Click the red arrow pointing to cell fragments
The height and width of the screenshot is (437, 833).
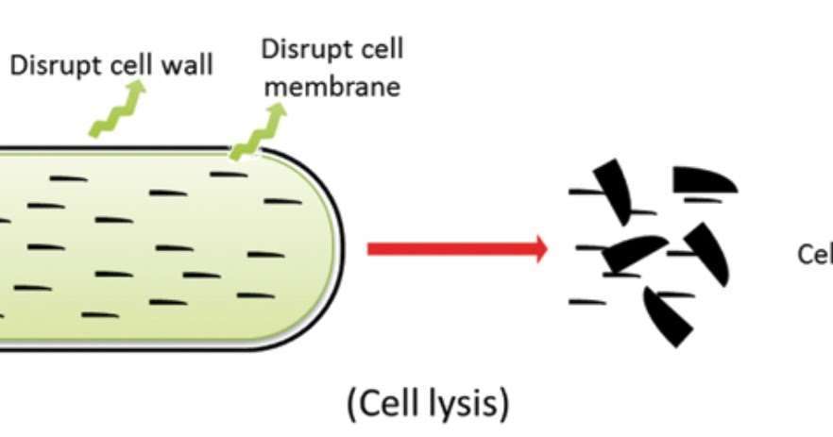pyautogui.click(x=453, y=249)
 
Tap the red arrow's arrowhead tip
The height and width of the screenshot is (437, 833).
pyautogui.click(x=545, y=249)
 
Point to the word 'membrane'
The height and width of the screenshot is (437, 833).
pyautogui.click(x=332, y=87)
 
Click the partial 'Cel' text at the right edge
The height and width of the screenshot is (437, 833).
pyautogui.click(x=814, y=254)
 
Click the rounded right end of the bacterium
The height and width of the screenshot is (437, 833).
pyautogui.click(x=326, y=248)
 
